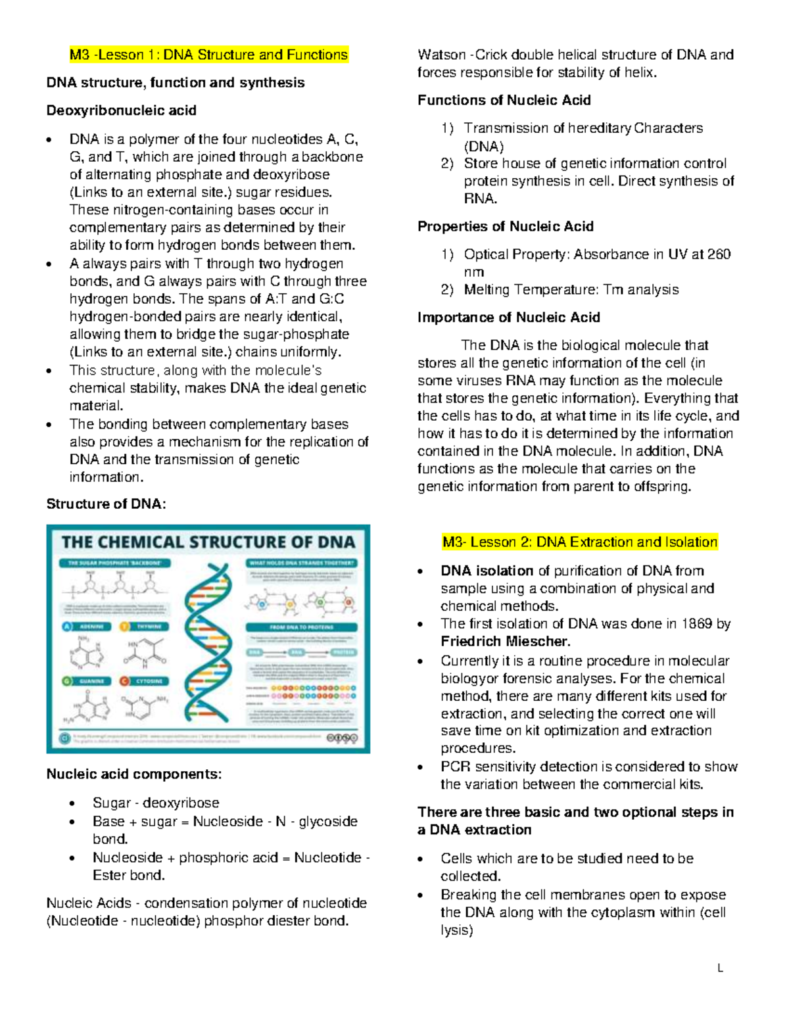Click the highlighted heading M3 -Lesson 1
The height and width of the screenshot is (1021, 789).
[209, 55]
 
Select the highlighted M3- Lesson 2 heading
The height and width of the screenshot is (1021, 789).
[579, 542]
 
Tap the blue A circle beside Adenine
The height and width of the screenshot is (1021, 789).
[67, 627]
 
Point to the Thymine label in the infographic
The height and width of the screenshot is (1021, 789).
[153, 627]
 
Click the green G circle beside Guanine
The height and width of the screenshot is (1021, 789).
[67, 681]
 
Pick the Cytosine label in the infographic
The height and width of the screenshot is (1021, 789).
[151, 681]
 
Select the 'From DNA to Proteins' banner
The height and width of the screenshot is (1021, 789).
[302, 627]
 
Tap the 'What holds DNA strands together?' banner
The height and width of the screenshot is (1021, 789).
[302, 563]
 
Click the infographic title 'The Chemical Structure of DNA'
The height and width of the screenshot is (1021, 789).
[208, 542]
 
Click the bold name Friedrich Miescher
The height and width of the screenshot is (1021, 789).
[505, 641]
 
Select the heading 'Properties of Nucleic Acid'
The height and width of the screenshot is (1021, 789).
[505, 226]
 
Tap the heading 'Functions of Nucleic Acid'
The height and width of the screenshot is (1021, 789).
[504, 100]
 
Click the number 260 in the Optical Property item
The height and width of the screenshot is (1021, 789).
[719, 254]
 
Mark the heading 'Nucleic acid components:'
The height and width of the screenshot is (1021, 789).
[134, 774]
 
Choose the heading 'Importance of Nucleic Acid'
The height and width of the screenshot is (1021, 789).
[508, 318]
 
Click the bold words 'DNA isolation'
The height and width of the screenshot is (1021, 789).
[487, 571]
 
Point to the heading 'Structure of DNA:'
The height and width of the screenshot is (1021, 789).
[106, 504]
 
